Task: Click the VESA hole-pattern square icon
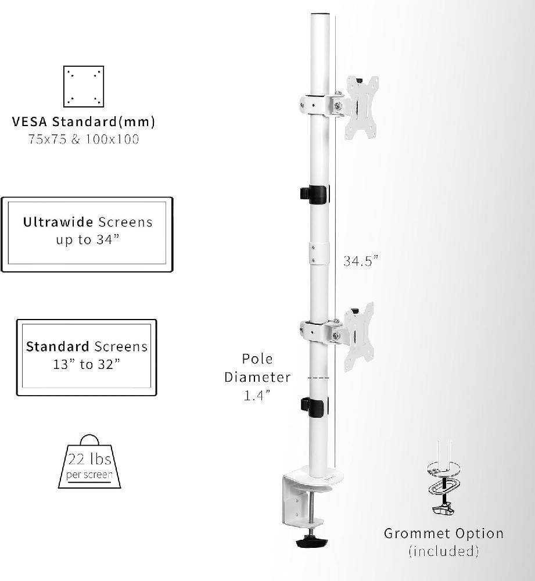point(83,86)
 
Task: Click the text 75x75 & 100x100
point(83,139)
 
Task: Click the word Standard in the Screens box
point(57,347)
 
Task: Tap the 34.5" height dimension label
point(360,261)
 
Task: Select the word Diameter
point(257,377)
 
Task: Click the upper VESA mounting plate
point(361,108)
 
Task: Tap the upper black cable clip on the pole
point(315,194)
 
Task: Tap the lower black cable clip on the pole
point(314,406)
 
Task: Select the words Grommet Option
point(443,533)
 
